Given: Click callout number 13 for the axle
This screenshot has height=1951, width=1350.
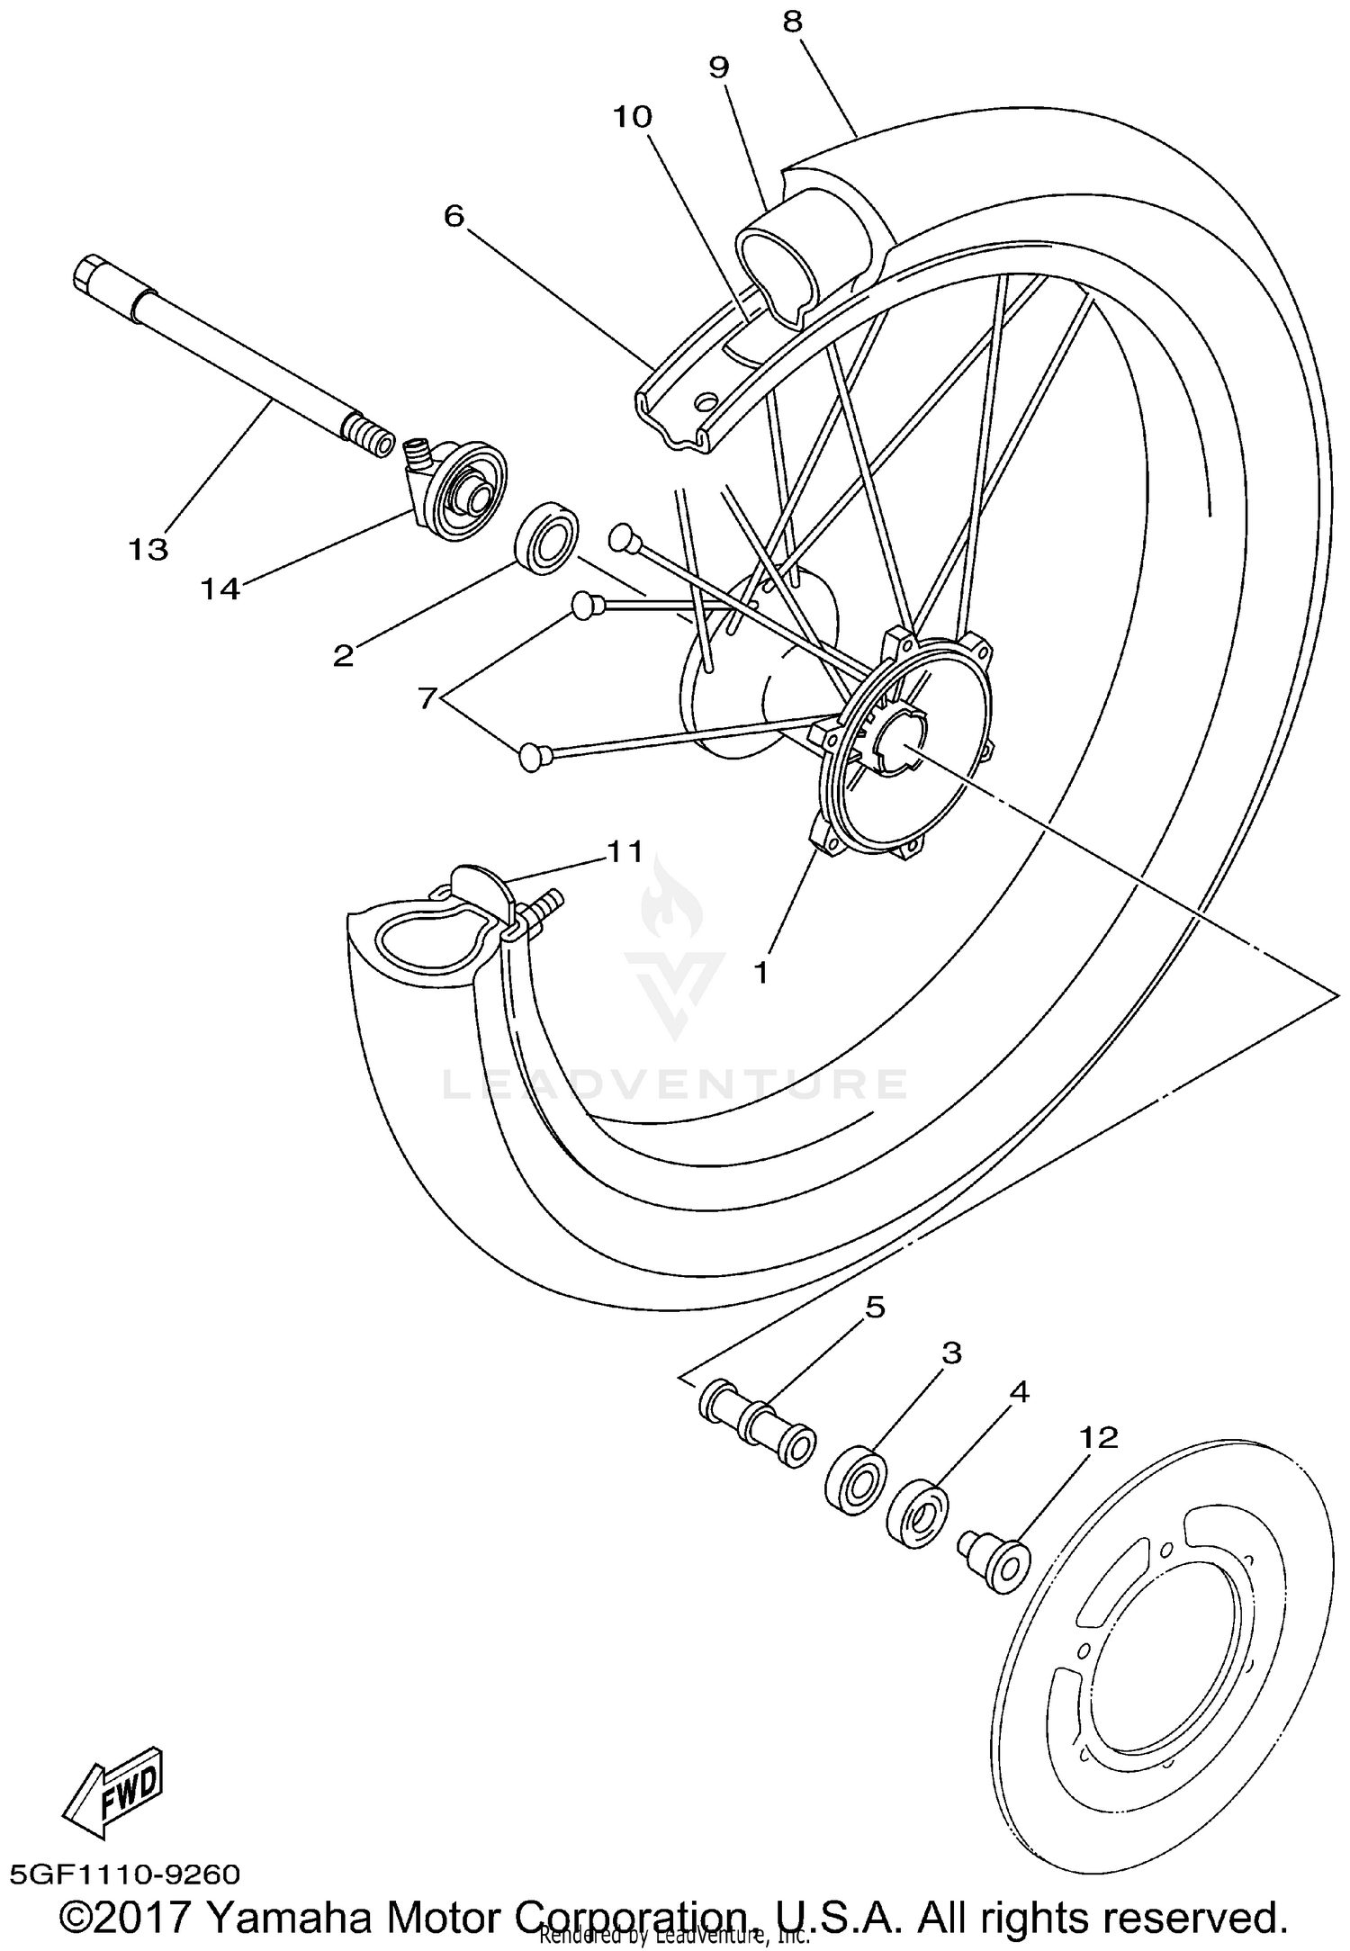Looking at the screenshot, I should [x=148, y=548].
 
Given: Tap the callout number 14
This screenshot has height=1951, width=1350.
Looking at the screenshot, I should [x=220, y=589].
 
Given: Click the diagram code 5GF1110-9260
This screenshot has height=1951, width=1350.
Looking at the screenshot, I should [x=126, y=1875].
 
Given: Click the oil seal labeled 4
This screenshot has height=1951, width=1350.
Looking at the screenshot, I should [x=917, y=1515].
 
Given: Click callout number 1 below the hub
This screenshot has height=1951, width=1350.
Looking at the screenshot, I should [x=761, y=972].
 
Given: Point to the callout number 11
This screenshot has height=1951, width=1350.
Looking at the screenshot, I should [x=625, y=850].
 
